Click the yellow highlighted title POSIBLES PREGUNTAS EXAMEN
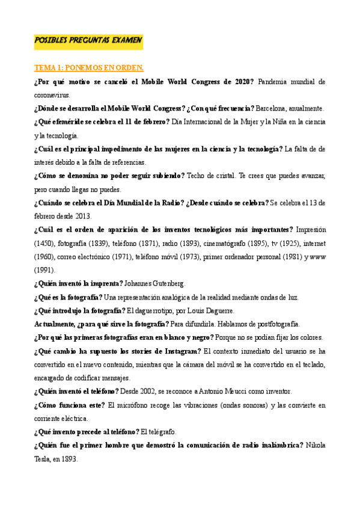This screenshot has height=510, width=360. [88, 40]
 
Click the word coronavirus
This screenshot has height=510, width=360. [52, 94]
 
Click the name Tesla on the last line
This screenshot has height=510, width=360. [44, 458]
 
